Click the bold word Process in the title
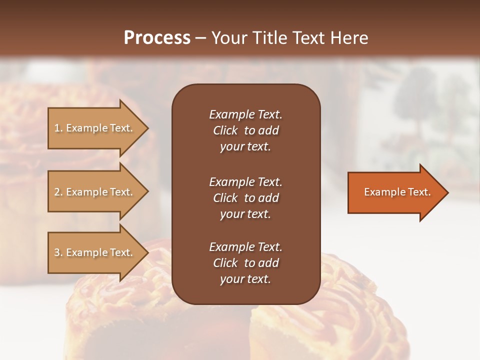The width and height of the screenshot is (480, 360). coord(157,38)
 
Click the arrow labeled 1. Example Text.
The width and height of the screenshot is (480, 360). coord(95,128)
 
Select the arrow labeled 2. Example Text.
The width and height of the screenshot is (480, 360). coord(95,192)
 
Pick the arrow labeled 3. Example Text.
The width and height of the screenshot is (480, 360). coord(95,252)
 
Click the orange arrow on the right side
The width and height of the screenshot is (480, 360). coord(395,192)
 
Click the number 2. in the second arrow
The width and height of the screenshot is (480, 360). coord(58,192)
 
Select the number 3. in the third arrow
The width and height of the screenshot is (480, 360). coord(58,252)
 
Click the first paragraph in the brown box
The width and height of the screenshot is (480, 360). coord(245,130)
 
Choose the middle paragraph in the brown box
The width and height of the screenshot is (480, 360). coord(245,197)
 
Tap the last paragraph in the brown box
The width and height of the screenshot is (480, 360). coord(245,263)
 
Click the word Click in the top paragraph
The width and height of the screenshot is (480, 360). coord(225,130)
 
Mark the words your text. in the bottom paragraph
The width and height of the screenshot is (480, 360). coord(245,279)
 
